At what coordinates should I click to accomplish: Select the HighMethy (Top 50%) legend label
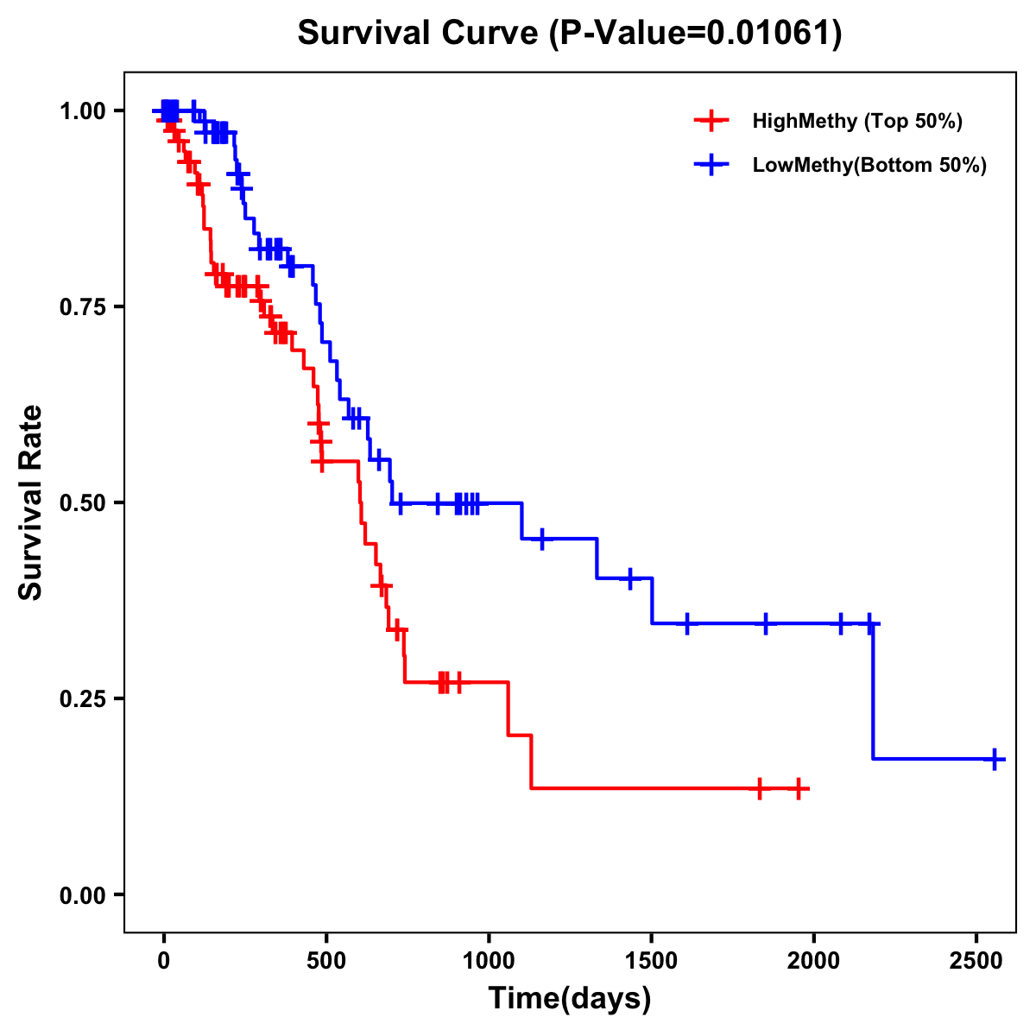(857, 121)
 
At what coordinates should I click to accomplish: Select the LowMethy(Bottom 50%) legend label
(869, 166)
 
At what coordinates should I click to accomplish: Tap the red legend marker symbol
(711, 121)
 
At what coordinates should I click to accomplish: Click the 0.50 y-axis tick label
(84, 502)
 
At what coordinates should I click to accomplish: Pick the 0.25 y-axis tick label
(84, 698)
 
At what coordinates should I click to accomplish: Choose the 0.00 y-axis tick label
(84, 894)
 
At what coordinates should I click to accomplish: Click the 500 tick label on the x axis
(326, 958)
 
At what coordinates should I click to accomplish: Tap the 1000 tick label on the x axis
(489, 958)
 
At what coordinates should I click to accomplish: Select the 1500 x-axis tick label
(652, 958)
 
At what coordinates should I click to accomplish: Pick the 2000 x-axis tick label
(814, 958)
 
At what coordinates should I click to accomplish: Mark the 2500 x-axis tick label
(976, 958)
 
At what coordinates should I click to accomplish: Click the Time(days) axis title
(570, 999)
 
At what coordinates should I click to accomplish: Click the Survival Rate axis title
(32, 502)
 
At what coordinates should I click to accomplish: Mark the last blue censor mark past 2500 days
(995, 759)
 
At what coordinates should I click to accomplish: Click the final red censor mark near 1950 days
(799, 788)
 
